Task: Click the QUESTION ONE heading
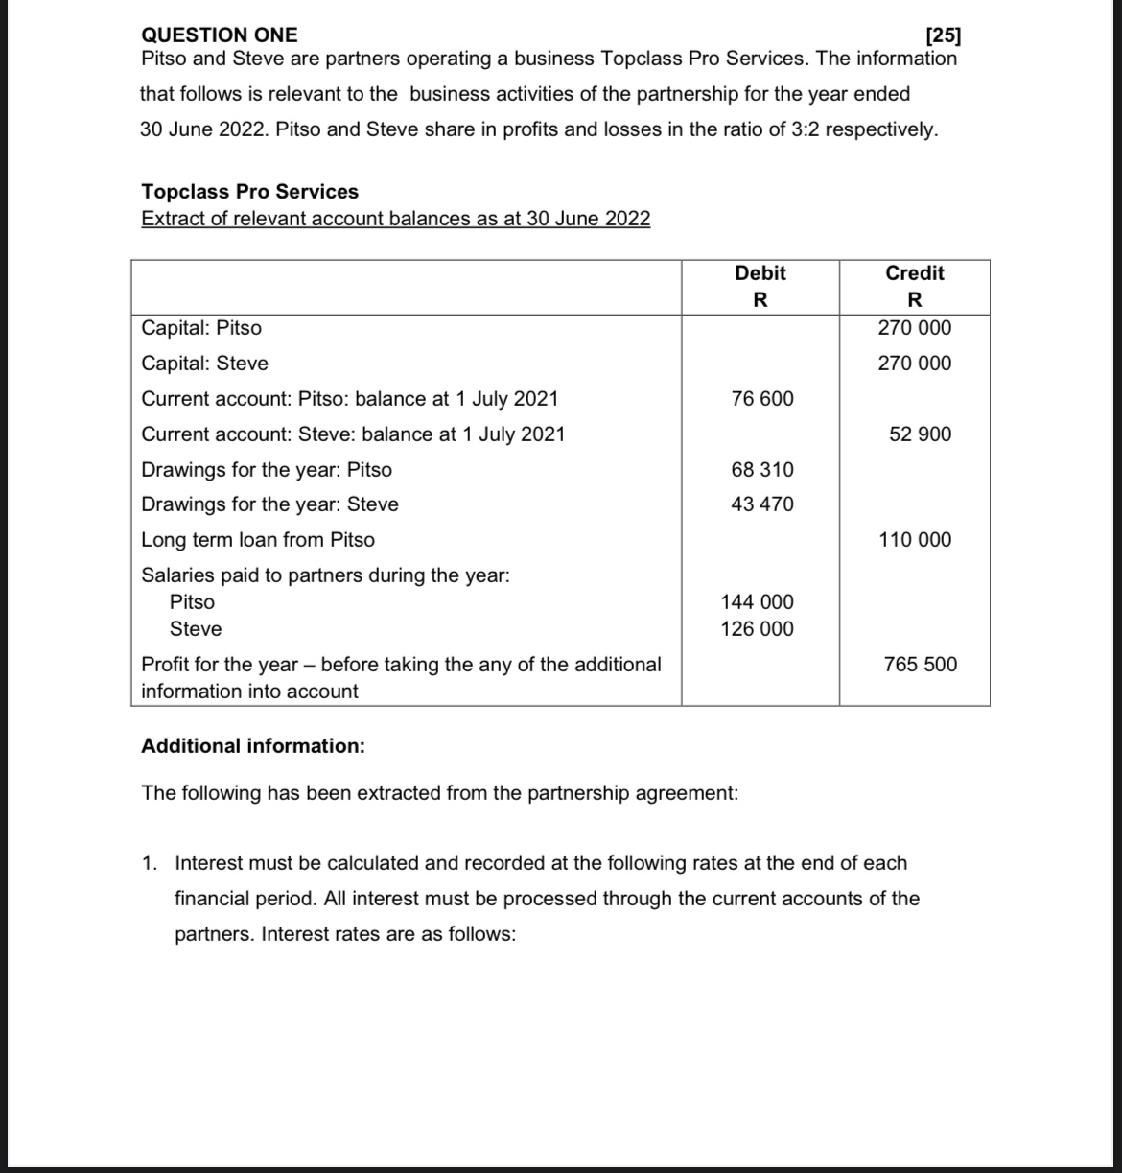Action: (220, 35)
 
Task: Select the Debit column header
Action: (760, 273)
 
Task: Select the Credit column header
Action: (915, 273)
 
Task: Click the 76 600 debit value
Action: (762, 399)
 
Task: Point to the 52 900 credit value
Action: (921, 434)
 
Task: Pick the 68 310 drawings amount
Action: (762, 470)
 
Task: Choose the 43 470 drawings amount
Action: (762, 504)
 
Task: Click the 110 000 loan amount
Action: (916, 540)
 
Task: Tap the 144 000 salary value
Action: (758, 602)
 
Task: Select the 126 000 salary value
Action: (758, 629)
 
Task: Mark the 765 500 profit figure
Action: (921, 665)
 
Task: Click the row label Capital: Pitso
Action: (201, 328)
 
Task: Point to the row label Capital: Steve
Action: (205, 364)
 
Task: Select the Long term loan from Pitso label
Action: (258, 540)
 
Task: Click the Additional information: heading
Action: (253, 746)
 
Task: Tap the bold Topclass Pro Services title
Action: (250, 192)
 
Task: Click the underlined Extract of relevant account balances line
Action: (395, 219)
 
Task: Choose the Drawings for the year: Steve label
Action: (270, 504)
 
